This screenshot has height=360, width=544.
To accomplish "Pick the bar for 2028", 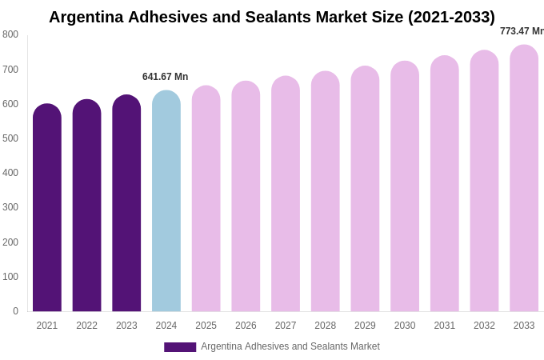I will pyautogui.click(x=326, y=192).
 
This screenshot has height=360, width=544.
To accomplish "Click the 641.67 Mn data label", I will pyautogui.click(x=165, y=77).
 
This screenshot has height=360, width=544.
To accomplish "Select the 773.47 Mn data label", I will pyautogui.click(x=522, y=31).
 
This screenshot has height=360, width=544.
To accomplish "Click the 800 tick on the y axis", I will pyautogui.click(x=10, y=34).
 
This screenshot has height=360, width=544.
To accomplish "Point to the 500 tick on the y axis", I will pyautogui.click(x=10, y=138).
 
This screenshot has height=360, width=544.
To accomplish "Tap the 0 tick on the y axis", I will pyautogui.click(x=15, y=311).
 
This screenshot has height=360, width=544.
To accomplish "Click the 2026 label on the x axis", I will pyautogui.click(x=246, y=326).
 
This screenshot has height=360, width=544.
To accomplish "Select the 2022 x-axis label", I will pyautogui.click(x=86, y=326).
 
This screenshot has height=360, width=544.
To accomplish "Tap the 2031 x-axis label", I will pyautogui.click(x=445, y=326).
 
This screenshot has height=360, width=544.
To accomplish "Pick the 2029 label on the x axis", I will pyautogui.click(x=365, y=326).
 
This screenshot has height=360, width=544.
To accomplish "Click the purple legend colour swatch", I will pyautogui.click(x=180, y=347).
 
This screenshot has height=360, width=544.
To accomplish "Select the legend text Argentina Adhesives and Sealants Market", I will pyautogui.click(x=290, y=346).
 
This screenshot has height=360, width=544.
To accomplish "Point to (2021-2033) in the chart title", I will pyautogui.click(x=451, y=17).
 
